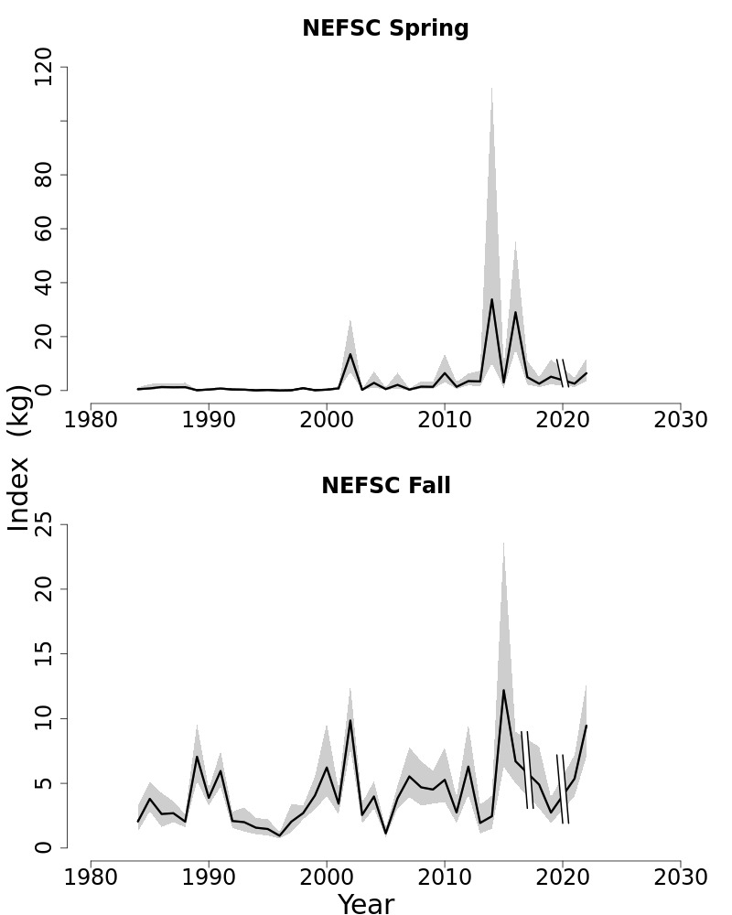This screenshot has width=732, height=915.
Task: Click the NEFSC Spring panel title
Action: coord(385,28)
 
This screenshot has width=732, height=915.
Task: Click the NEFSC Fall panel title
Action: coord(385,486)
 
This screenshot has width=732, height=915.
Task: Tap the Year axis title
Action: coord(366,904)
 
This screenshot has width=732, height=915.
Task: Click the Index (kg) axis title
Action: coord(18,457)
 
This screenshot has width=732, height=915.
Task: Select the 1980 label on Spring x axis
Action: coord(91,420)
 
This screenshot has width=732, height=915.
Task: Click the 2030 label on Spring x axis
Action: coord(680,420)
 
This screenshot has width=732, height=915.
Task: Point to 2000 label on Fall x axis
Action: coord(327,877)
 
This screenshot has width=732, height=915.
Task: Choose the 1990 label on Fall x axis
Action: coord(209,877)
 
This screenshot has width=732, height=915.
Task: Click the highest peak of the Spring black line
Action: coord(491,299)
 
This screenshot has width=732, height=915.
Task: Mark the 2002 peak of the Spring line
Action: coord(350,354)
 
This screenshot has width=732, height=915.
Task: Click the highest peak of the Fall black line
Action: coord(503,690)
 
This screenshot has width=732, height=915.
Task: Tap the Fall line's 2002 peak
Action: coord(350,720)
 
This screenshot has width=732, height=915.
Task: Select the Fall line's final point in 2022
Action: coord(586,726)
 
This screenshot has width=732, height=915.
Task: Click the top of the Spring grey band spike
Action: coord(491,89)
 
